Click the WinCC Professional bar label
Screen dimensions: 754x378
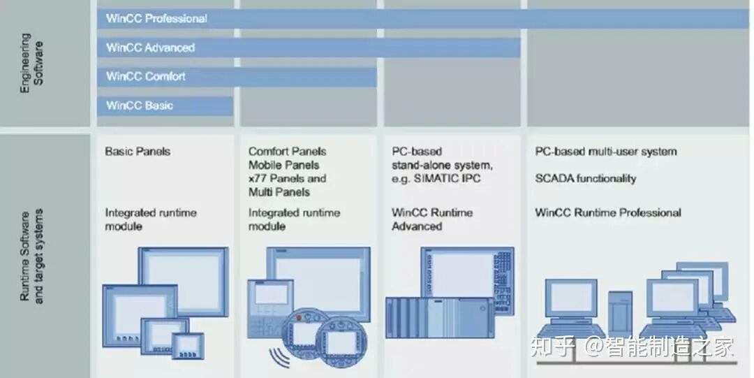click(x=156, y=19)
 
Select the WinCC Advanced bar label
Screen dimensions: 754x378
click(x=150, y=48)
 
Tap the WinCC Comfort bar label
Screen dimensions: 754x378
click(x=145, y=76)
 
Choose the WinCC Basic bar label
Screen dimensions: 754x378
click(x=140, y=106)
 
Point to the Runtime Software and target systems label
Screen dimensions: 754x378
click(x=31, y=256)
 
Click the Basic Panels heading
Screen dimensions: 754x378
click(x=138, y=151)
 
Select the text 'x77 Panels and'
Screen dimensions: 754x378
click(x=287, y=178)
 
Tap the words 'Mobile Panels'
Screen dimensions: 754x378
click(x=283, y=165)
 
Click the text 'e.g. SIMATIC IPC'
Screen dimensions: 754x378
click(x=436, y=178)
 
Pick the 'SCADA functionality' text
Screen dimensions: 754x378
click(x=585, y=178)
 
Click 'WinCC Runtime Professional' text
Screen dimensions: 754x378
click(x=607, y=212)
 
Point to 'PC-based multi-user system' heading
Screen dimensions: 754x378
click(x=605, y=151)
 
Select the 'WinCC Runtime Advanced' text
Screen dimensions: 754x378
click(x=431, y=219)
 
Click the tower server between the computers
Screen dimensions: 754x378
click(x=619, y=314)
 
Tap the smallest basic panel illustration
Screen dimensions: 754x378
click(x=188, y=344)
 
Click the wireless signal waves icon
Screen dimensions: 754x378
click(x=278, y=356)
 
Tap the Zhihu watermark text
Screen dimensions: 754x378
click(x=631, y=346)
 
